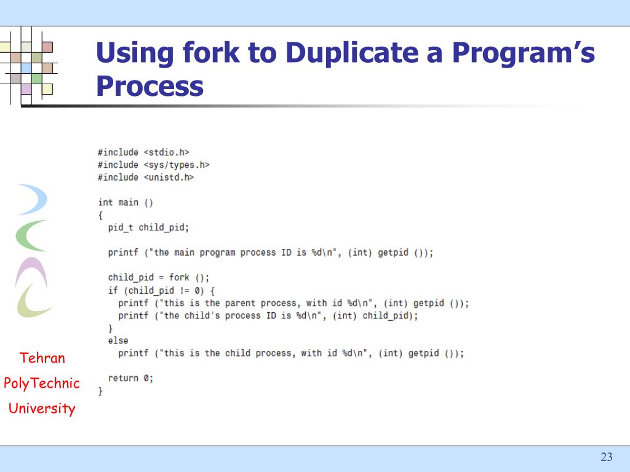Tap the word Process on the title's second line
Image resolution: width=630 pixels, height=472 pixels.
pyautogui.click(x=150, y=86)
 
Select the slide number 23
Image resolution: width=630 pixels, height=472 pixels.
pyautogui.click(x=607, y=457)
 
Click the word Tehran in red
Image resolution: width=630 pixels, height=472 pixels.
pyautogui.click(x=42, y=358)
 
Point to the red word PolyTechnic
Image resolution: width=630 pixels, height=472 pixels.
pyautogui.click(x=42, y=383)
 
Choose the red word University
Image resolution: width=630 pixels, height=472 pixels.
pyautogui.click(x=42, y=409)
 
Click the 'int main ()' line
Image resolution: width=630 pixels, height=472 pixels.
pyautogui.click(x=126, y=202)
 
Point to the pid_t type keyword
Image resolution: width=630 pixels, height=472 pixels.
pyautogui.click(x=121, y=227)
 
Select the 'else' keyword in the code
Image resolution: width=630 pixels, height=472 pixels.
pyautogui.click(x=118, y=340)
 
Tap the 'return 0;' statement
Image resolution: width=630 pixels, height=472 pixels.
pyautogui.click(x=130, y=378)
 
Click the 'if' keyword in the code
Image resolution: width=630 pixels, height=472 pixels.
pyautogui.click(x=113, y=290)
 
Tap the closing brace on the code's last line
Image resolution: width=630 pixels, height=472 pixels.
pyautogui.click(x=100, y=390)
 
